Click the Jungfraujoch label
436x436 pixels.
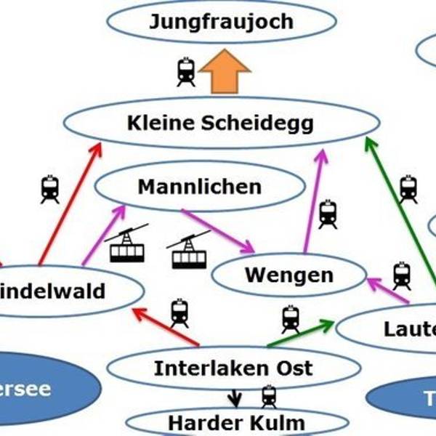pos(221,21)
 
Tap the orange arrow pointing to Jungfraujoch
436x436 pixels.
pos(225,71)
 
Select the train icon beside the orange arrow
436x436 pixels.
pos(186,72)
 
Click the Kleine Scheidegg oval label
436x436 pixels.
pos(220,123)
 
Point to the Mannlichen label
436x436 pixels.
pos(199,187)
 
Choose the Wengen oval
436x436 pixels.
pos(288,275)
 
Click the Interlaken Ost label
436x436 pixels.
pos(233,368)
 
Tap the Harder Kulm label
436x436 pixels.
pos(236,422)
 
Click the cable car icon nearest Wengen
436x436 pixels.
pos(189,251)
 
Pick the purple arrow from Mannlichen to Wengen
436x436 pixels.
pos(217,231)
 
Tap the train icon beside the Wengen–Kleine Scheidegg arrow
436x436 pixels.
pos(328,214)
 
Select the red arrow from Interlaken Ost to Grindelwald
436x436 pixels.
pos(165,326)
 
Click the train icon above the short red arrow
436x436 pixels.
pos(179,312)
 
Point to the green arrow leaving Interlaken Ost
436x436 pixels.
pos(299,333)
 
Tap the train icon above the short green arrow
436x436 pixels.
pos(290,318)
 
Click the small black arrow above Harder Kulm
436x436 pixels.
pos(234,399)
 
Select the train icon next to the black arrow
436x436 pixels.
pos(269,397)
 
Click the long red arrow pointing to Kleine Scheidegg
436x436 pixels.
pos(68,204)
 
